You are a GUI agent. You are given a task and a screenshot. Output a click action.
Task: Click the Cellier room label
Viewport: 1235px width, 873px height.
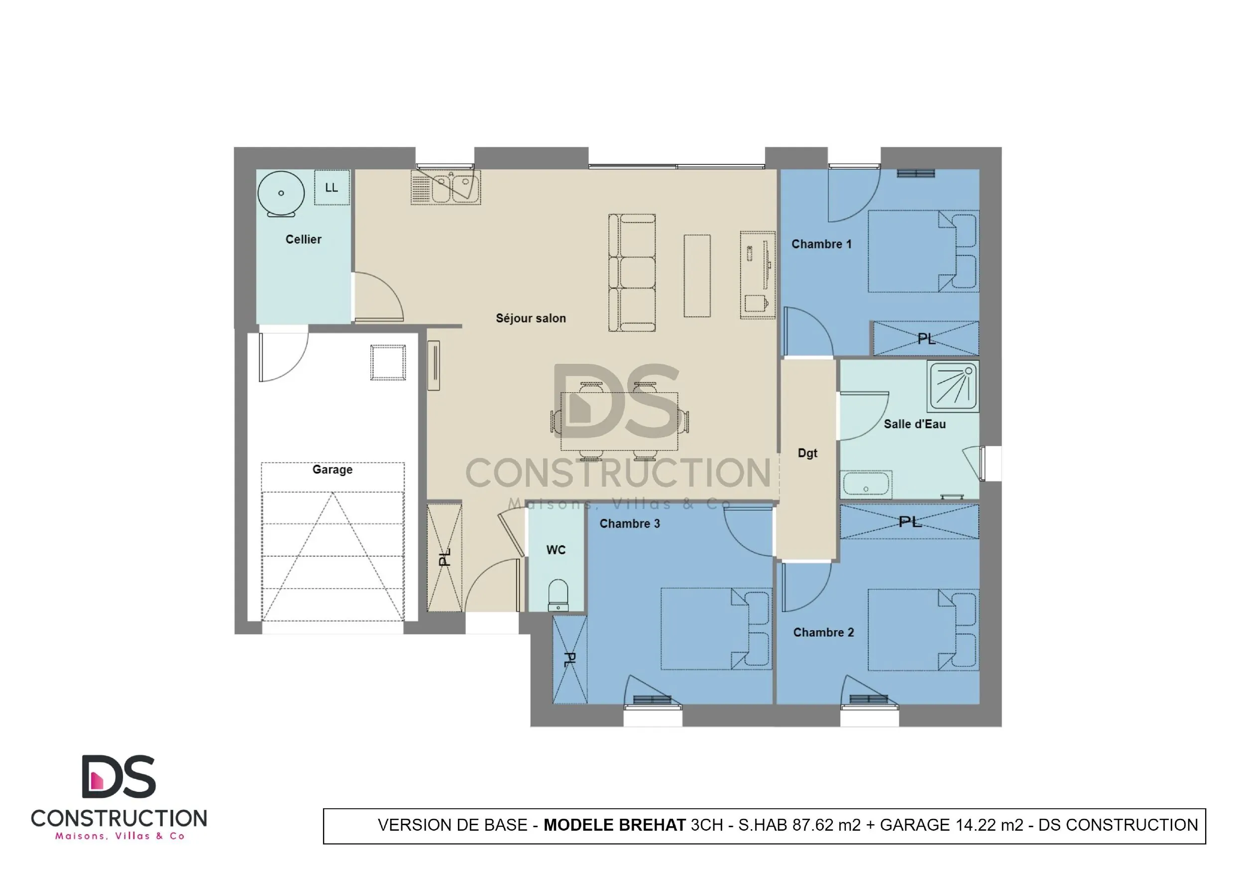[303, 239]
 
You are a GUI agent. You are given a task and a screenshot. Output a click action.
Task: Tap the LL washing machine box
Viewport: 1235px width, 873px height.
[332, 187]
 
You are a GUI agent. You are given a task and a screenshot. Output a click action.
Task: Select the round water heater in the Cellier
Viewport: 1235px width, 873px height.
[281, 193]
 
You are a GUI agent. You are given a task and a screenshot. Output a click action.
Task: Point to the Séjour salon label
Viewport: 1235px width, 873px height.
[530, 319]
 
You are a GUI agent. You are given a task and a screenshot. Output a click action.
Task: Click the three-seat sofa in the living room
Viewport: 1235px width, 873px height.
[632, 273]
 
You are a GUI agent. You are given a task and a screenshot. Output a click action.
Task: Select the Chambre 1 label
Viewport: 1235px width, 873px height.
[821, 244]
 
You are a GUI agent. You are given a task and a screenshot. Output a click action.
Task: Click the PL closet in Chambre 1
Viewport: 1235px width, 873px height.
[925, 339]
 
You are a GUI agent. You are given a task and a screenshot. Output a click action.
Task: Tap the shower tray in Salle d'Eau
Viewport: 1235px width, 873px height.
[953, 386]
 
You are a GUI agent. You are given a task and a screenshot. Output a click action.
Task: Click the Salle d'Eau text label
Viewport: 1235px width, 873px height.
[914, 425]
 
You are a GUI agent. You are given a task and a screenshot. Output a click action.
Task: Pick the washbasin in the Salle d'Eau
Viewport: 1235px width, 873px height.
[867, 484]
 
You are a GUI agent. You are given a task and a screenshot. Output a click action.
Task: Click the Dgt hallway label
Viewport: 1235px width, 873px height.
[807, 453]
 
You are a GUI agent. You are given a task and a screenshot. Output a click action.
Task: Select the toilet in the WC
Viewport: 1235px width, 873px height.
[558, 594]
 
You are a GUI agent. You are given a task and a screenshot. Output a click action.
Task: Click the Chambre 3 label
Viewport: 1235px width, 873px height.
[629, 524]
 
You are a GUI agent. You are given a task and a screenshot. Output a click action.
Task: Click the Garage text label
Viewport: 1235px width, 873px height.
[333, 469]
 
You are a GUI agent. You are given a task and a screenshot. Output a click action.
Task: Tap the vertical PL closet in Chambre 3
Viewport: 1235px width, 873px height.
[569, 660]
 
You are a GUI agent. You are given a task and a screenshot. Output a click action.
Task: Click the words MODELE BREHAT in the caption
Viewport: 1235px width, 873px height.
[614, 825]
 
